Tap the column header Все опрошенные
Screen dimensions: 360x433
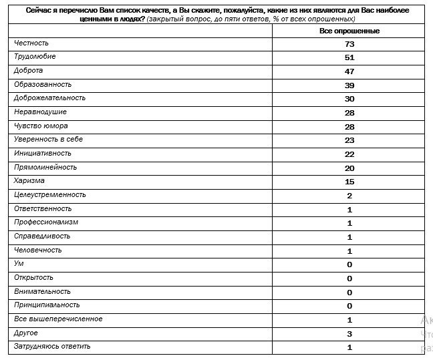click(x=349, y=31)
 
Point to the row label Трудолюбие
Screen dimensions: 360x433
click(x=35, y=57)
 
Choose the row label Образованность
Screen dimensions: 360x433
click(x=43, y=84)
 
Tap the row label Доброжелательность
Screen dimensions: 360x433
click(x=49, y=98)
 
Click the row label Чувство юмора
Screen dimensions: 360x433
click(x=41, y=126)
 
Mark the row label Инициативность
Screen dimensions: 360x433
click(x=43, y=153)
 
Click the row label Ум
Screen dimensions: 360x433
click(x=19, y=264)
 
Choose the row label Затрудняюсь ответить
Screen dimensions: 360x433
click(x=52, y=346)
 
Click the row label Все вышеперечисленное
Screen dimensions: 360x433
click(x=58, y=319)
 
